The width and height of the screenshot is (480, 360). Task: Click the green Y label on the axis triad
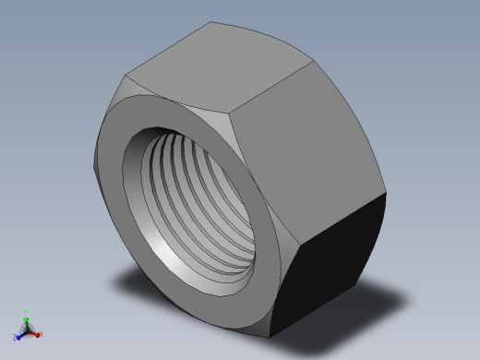pos(27,314)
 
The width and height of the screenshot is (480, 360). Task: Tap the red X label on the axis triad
pos(41,334)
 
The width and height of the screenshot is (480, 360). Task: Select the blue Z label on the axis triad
pos(15,338)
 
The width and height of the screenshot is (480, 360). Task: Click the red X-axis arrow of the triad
pos(34,333)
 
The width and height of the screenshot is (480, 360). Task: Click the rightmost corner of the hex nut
pos(385,193)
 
